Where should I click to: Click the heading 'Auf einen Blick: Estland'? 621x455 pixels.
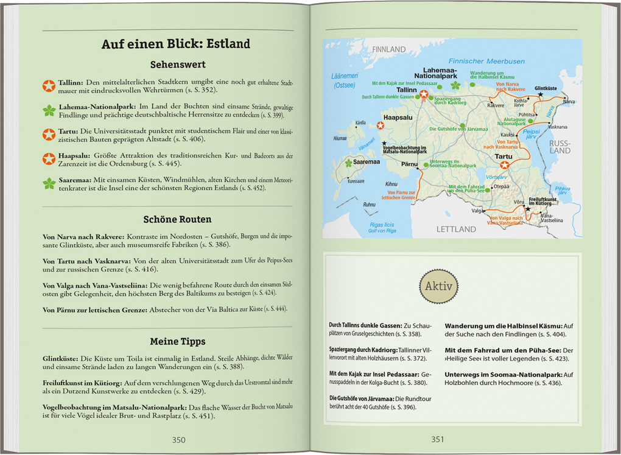pyautogui.click(x=175, y=44)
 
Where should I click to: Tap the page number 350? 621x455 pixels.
pyautogui.click(x=178, y=440)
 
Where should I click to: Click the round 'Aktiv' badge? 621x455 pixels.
pyautogui.click(x=438, y=286)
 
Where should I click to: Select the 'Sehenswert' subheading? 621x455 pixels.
pyautogui.click(x=178, y=65)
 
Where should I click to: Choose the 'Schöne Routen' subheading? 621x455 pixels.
pyautogui.click(x=178, y=219)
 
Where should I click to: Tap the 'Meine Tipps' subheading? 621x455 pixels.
pyautogui.click(x=178, y=341)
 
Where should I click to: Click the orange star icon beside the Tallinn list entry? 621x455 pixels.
pyautogui.click(x=49, y=86)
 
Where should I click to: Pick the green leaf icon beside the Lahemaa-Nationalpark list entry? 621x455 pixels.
pyautogui.click(x=49, y=110)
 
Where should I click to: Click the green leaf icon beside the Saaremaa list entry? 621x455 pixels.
pyautogui.click(x=49, y=183)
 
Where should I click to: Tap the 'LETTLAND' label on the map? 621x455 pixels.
pyautogui.click(x=456, y=229)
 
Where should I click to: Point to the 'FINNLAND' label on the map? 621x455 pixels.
pyautogui.click(x=388, y=49)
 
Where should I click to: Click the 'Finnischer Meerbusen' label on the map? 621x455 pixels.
pyautogui.click(x=486, y=62)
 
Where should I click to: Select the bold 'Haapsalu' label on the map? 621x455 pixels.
pyautogui.click(x=399, y=118)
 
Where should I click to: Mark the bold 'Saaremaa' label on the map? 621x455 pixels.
pyautogui.click(x=367, y=162)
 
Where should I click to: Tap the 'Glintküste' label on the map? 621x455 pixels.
pyautogui.click(x=545, y=88)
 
